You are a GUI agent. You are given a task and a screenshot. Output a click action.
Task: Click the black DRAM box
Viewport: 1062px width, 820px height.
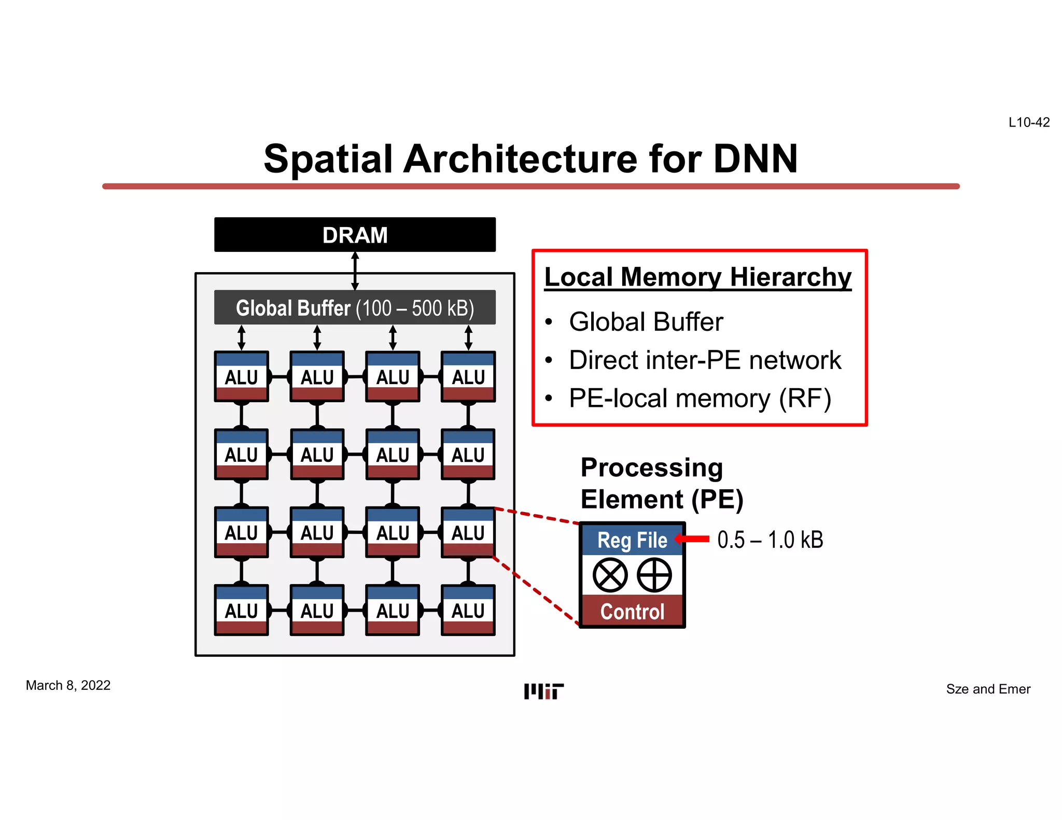coord(355,235)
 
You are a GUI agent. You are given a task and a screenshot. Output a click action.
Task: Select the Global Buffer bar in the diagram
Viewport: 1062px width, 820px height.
coord(355,308)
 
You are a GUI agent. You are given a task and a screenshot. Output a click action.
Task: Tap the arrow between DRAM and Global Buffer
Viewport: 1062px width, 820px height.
coord(355,271)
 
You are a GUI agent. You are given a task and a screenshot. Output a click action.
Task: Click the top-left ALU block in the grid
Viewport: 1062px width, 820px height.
coord(242,377)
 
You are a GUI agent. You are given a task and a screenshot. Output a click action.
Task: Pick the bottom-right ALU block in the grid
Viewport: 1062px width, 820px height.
coord(468,611)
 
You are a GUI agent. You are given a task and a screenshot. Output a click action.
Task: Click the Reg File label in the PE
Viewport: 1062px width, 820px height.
coord(632,540)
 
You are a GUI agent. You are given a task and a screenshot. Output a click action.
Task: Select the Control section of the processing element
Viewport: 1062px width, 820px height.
coord(632,612)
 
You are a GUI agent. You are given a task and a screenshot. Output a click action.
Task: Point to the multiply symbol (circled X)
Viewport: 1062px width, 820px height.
coord(610,575)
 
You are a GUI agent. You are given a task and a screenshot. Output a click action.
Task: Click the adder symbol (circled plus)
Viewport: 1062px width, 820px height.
coord(654,575)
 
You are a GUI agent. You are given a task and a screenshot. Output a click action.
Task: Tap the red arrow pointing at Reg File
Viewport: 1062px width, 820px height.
coord(692,539)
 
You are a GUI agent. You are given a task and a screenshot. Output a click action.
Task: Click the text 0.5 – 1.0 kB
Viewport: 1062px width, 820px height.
coord(770,540)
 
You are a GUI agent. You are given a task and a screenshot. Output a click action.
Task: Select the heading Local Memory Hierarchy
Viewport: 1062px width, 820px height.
coord(698,277)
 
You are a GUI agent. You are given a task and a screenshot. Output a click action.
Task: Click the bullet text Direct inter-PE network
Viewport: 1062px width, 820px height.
coord(705,360)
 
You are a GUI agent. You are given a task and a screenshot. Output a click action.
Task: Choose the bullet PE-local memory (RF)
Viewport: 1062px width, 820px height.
coord(700,399)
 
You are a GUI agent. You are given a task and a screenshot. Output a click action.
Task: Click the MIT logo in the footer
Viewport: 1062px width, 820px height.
coord(543,691)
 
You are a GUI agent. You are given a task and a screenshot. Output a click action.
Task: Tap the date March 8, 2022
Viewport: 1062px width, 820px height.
coord(68,685)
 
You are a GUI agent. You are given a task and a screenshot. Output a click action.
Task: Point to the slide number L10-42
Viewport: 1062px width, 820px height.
coord(1029,122)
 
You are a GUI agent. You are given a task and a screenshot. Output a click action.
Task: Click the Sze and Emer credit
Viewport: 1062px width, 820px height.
coord(988,689)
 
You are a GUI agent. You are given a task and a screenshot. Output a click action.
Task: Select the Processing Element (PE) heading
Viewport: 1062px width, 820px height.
coord(662,484)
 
